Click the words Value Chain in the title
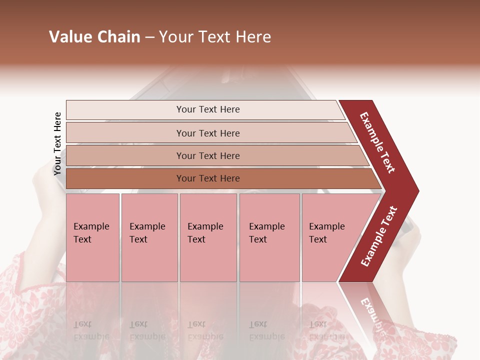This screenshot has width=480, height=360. coord(94,37)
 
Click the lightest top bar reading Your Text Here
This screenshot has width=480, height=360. coord(208,109)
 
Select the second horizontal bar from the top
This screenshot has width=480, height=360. coord(208,133)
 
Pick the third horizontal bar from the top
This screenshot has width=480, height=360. coord(208,155)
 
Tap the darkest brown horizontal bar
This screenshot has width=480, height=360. coord(208,178)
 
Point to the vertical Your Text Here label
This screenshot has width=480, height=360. coord(57,143)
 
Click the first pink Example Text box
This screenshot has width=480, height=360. coord(92,237)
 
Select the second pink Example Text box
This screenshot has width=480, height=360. coord(149,237)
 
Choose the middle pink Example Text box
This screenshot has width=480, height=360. coord(208,237)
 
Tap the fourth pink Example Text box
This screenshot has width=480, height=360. coord(269,237)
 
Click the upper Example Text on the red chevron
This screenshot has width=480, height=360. coord(377,142)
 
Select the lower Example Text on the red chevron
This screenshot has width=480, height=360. coord(379,236)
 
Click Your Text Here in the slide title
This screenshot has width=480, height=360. coord(215,37)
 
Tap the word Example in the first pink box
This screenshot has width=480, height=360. coord(91,226)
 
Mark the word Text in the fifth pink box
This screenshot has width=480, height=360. coord(318,239)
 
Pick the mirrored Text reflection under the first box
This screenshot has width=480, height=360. coord(82,324)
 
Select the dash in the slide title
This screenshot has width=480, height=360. coord(149,37)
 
